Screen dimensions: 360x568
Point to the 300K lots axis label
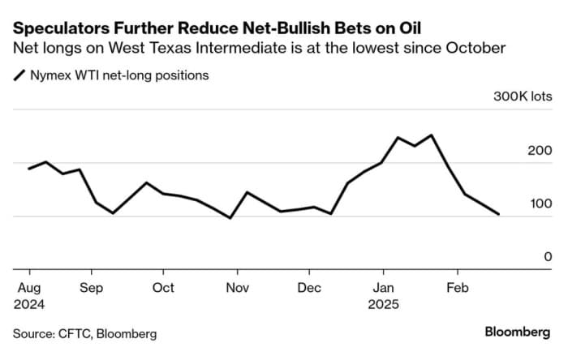pyautogui.click(x=523, y=97)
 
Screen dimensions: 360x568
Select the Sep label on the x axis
pyautogui.click(x=92, y=288)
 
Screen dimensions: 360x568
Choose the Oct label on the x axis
pyautogui.click(x=163, y=288)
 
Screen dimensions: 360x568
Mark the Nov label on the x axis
pyautogui.click(x=237, y=288)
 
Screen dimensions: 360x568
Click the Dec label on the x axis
pyautogui.click(x=309, y=288)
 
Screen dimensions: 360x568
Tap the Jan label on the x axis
pyautogui.click(x=383, y=288)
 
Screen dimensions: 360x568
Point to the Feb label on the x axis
pyautogui.click(x=458, y=288)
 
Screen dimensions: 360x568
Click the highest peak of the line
pyautogui.click(x=431, y=135)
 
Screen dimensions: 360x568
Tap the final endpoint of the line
pyautogui.click(x=498, y=215)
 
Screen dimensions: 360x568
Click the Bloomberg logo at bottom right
pyautogui.click(x=518, y=332)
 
